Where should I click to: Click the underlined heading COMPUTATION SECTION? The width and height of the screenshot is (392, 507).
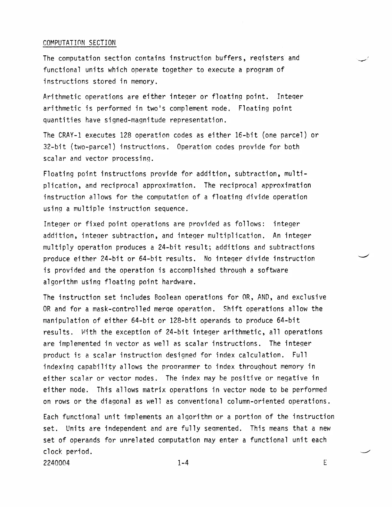pos(79,43)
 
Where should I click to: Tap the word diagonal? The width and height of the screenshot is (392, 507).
pos(116,401)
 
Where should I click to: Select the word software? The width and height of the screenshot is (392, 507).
pos(273,270)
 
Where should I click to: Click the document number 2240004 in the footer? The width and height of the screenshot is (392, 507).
pos(56,463)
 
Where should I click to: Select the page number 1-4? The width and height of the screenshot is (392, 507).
pos(183,463)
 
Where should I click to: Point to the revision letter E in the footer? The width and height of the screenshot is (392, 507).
pos(325,463)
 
